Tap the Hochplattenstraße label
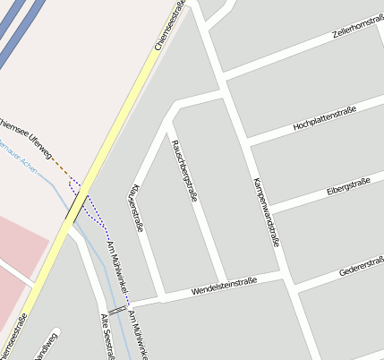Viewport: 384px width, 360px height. (x=324, y=119)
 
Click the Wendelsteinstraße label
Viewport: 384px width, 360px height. (x=224, y=287)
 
